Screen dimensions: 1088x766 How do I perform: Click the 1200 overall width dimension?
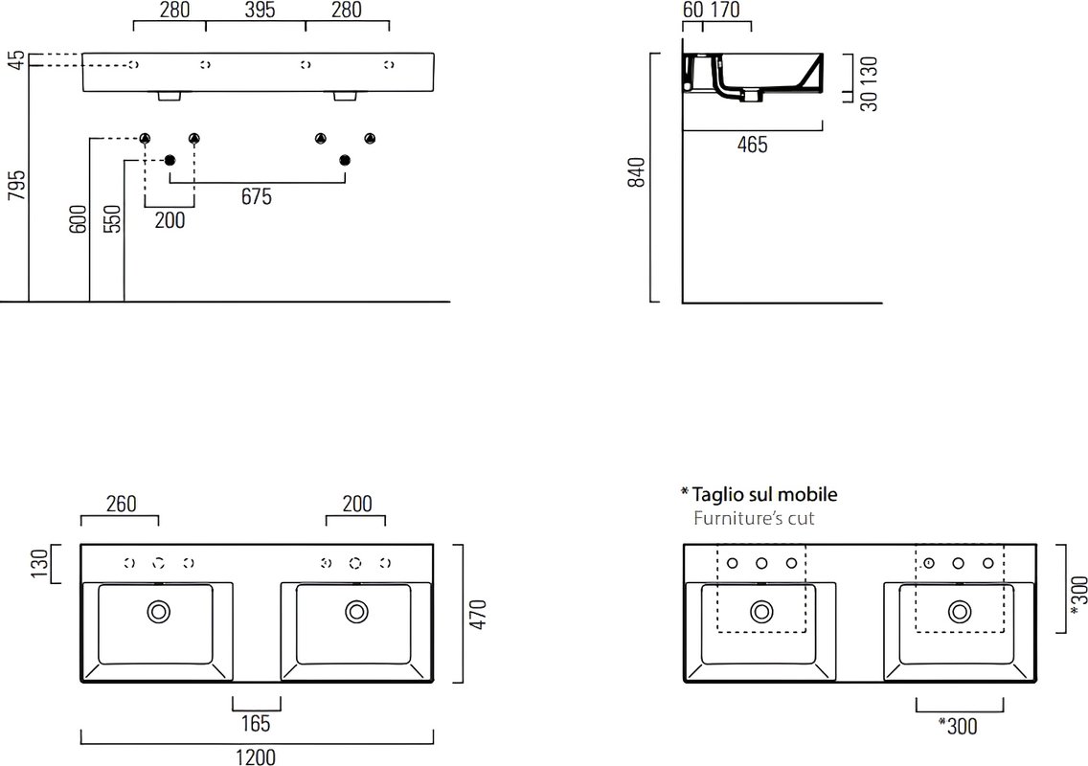[x=256, y=757]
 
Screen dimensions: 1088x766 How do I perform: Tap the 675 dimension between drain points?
[x=256, y=196]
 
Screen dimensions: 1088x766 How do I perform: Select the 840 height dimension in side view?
[x=636, y=172]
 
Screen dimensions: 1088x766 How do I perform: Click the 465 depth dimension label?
[x=752, y=145]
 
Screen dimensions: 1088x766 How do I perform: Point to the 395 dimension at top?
[x=261, y=10]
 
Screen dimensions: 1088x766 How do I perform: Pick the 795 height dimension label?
[x=16, y=185]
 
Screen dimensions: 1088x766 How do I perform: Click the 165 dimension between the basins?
[x=256, y=724]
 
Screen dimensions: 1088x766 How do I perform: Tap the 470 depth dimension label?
[x=478, y=614]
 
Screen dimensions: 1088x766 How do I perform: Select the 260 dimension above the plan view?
[x=121, y=503]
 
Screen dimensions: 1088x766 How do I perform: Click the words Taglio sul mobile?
[x=764, y=494]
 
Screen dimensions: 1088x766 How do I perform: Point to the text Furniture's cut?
[x=754, y=518]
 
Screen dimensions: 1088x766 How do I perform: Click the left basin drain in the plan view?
[x=159, y=612]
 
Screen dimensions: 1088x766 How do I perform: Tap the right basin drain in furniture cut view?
[x=960, y=612]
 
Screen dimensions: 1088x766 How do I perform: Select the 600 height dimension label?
[x=79, y=218]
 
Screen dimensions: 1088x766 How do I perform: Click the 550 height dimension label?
[x=112, y=218]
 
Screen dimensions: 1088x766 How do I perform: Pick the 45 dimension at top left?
[x=16, y=59]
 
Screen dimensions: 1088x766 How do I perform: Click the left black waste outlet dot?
[x=170, y=160]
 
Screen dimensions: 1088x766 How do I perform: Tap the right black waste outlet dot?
[x=345, y=160]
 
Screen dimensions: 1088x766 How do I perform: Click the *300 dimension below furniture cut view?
[x=958, y=726]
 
